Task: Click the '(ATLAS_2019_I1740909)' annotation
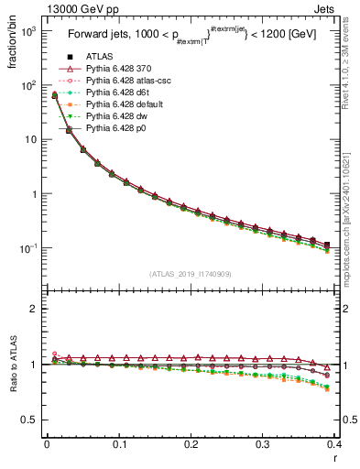190,273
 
